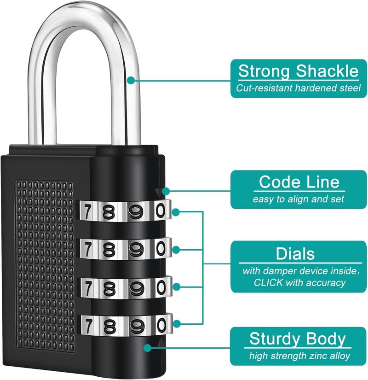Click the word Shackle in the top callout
[x=327, y=71]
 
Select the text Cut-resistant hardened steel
[x=299, y=88]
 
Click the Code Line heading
[x=299, y=182]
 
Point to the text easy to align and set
[x=299, y=199]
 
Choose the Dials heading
[x=295, y=253]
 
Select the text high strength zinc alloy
[x=299, y=356]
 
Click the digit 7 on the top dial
[x=87, y=212]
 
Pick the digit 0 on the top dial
[x=160, y=211]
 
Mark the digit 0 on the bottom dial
[x=160, y=325]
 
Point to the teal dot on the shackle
[x=131, y=80]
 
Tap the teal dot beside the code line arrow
[x=165, y=190]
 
